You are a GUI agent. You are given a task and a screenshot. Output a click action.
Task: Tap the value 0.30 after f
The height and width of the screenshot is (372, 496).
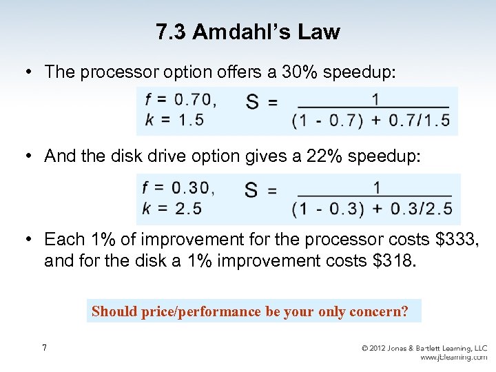pyautogui.click(x=192, y=187)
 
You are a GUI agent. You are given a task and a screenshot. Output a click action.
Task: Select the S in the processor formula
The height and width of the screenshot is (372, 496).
pyautogui.click(x=253, y=103)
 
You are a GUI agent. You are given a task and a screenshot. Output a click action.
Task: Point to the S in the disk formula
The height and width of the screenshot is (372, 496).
pyautogui.click(x=252, y=191)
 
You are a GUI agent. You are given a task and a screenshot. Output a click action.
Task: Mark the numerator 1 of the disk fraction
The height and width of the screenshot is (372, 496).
pyautogui.click(x=377, y=187)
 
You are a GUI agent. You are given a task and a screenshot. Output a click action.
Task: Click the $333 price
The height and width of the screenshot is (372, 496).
pyautogui.click(x=459, y=239)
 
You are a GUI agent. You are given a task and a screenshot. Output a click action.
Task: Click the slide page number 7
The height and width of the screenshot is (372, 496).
pyautogui.click(x=45, y=348)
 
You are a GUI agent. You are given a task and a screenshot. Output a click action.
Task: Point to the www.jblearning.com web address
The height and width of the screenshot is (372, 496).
pyautogui.click(x=453, y=358)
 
